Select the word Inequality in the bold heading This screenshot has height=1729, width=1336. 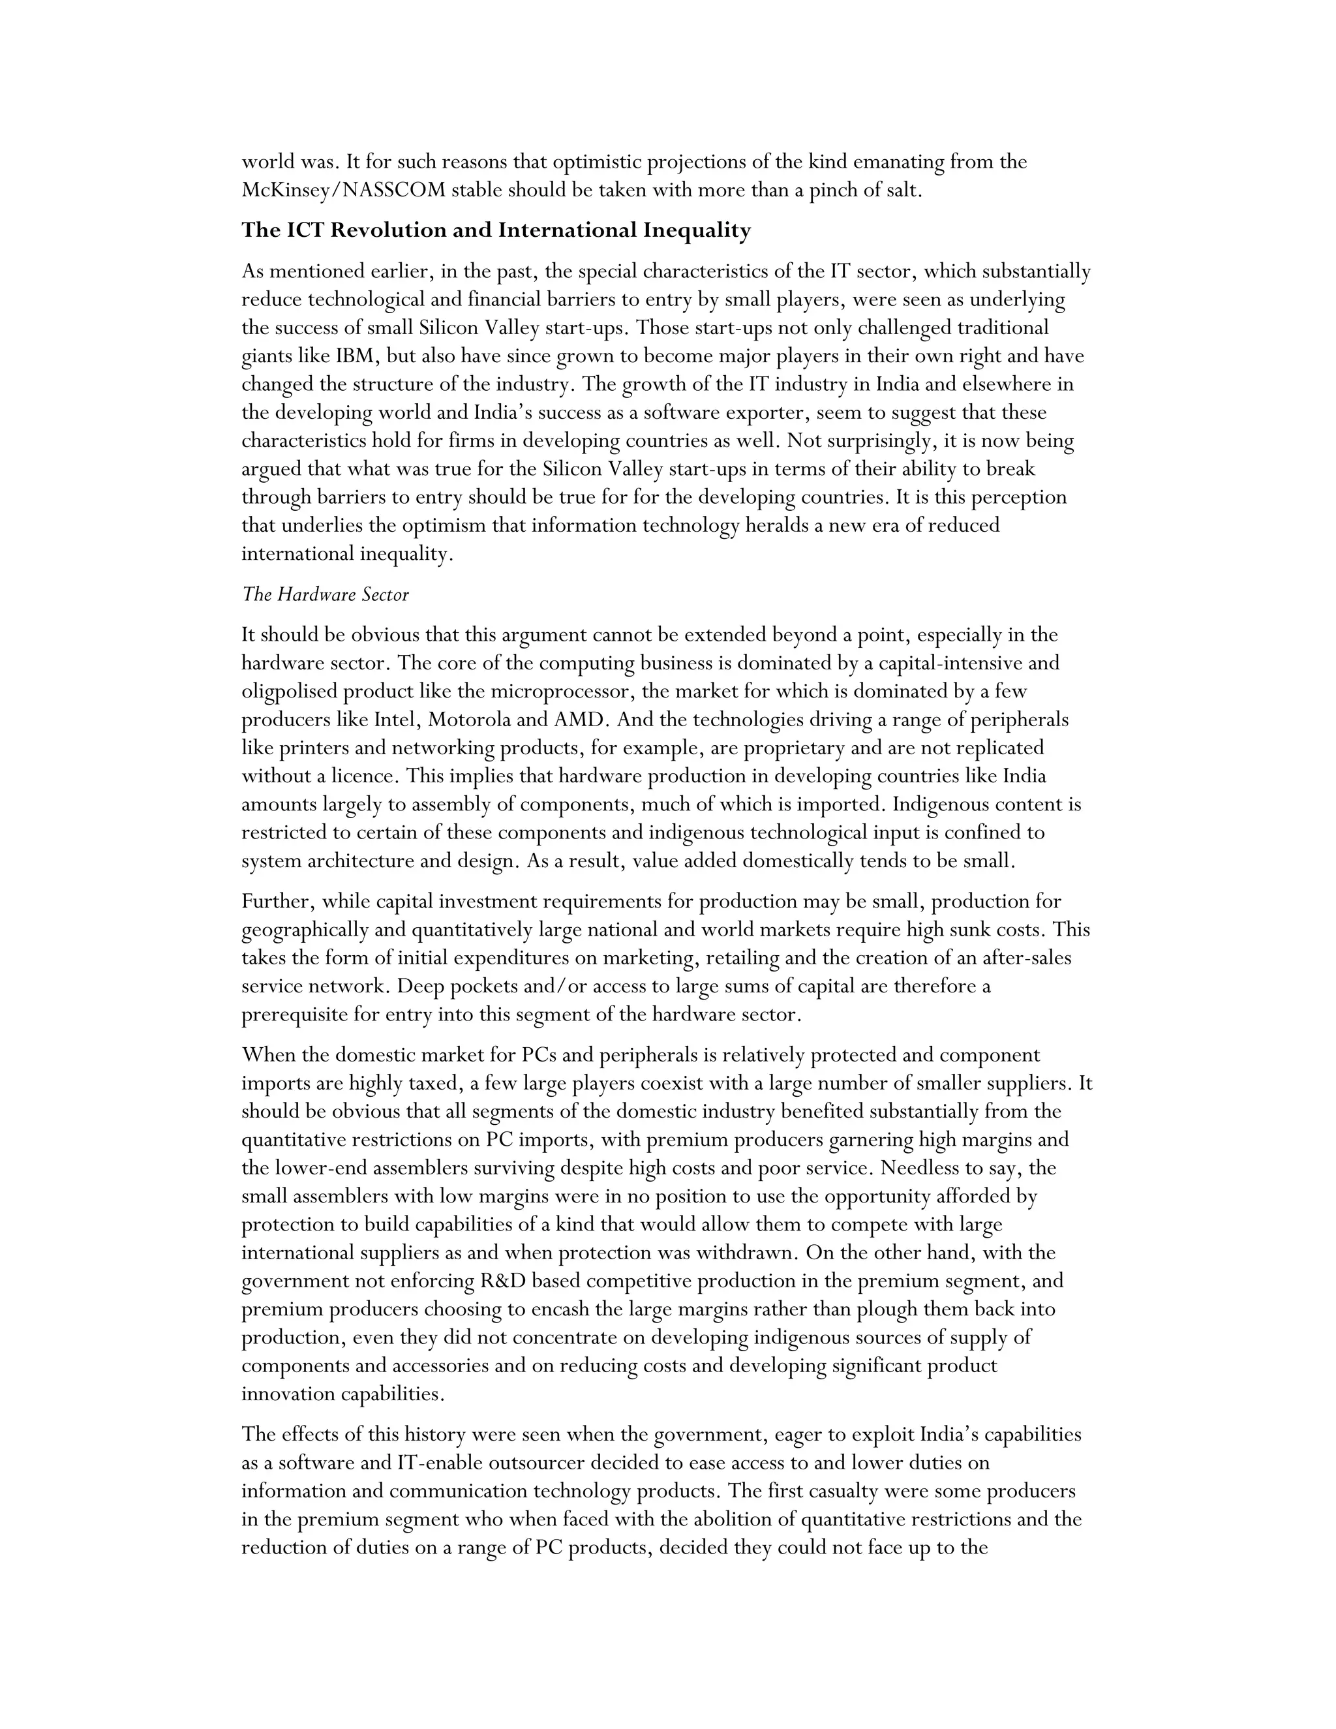[697, 230]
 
